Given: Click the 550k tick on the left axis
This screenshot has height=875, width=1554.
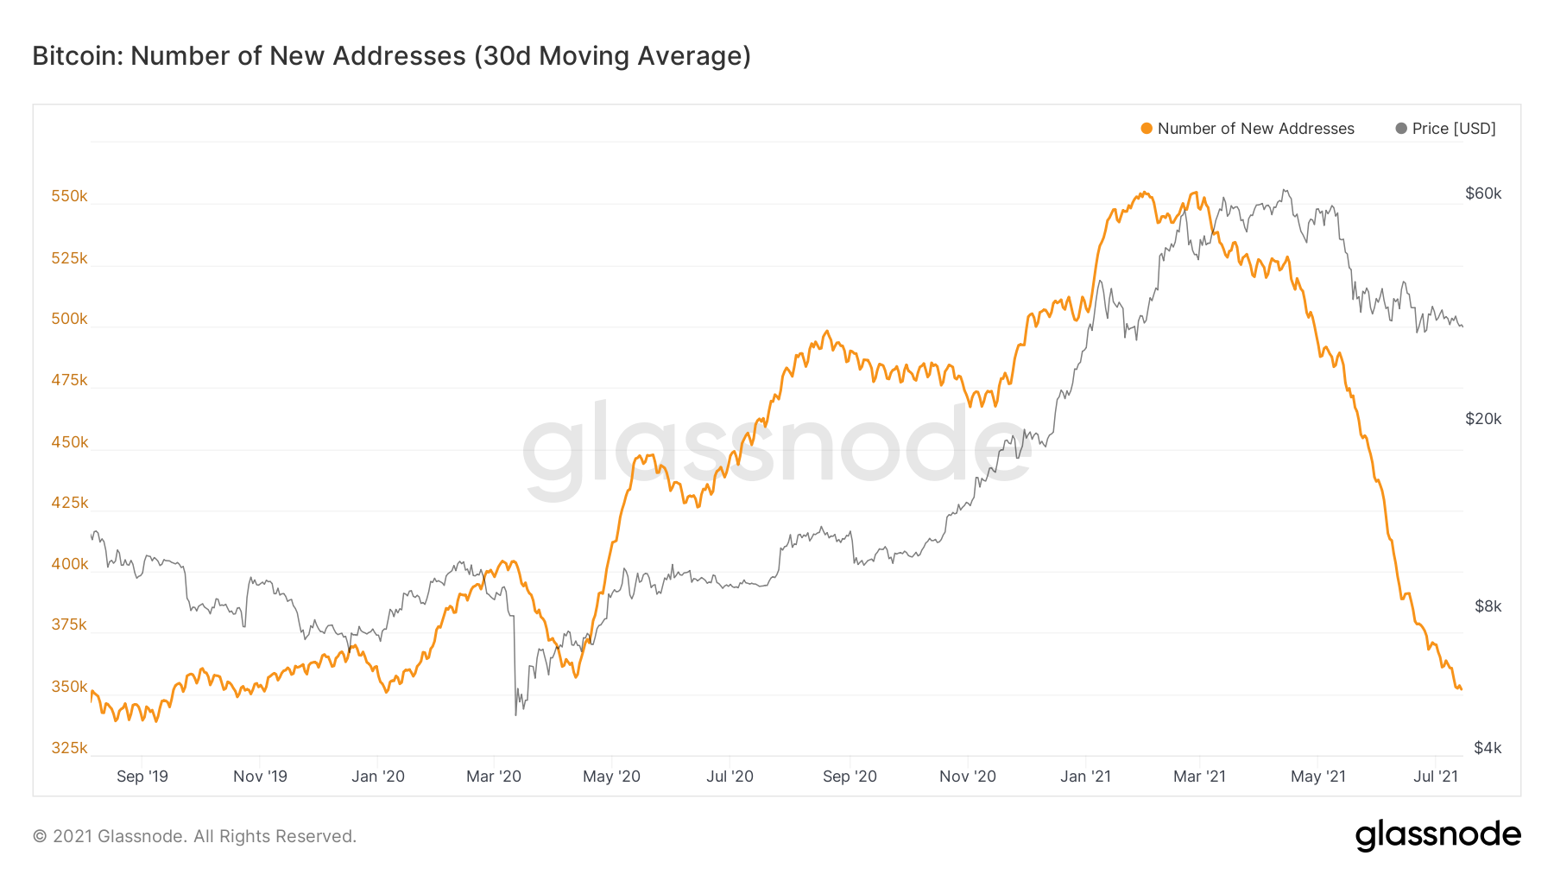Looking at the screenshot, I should [69, 196].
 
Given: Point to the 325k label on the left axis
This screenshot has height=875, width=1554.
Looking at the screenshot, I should [69, 748].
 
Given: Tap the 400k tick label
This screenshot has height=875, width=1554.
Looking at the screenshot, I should [69, 564].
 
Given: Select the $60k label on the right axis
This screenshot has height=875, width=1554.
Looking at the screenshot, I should [1483, 193].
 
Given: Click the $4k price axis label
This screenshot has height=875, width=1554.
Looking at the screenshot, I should [1488, 748].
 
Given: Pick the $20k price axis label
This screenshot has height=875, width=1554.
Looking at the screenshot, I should [1483, 419].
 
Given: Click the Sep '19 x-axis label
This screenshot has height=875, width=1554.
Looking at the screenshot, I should [142, 777].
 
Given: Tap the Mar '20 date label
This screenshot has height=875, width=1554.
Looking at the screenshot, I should [494, 777].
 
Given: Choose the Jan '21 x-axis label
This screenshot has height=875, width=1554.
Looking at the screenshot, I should [1085, 777].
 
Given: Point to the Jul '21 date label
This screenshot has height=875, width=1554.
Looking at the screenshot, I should [1436, 777].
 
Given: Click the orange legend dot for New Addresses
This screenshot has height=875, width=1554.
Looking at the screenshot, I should [1147, 129].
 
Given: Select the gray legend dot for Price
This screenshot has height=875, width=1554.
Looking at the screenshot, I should [1401, 129].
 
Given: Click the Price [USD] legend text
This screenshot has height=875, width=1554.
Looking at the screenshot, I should [1454, 129].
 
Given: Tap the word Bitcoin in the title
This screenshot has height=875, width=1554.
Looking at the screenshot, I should [78, 56].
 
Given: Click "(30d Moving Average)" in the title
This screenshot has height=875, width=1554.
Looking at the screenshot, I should [612, 56].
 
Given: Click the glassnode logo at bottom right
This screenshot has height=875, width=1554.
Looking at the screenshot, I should [1437, 835].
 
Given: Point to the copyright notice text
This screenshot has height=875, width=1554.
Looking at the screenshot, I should [194, 836].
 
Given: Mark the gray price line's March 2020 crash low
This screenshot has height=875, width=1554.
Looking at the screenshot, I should [516, 714].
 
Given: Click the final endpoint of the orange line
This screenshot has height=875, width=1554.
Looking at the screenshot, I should [1461, 689].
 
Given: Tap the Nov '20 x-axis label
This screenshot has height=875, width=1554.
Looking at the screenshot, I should [967, 777].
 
